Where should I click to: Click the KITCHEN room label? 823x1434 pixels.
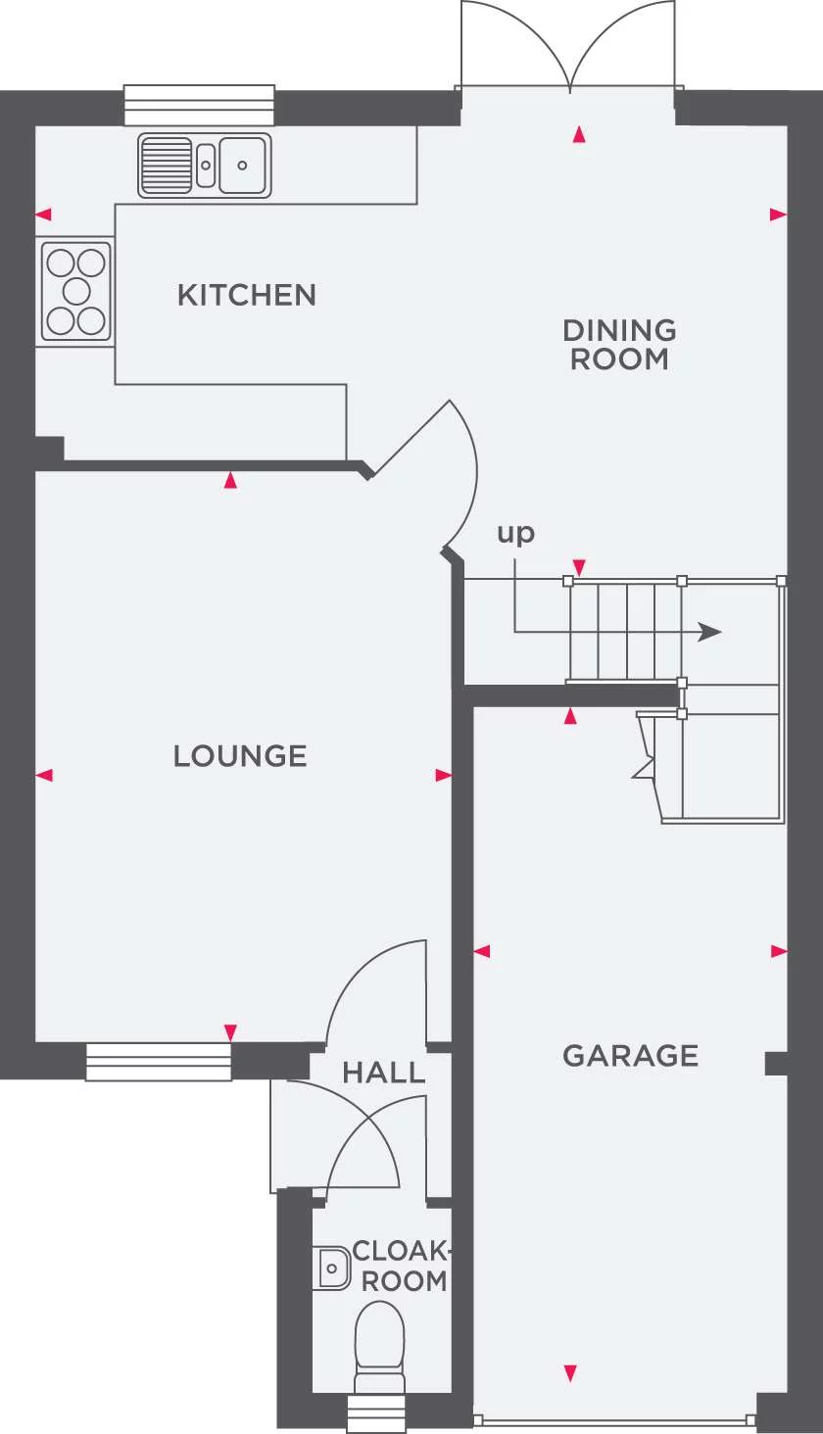pyautogui.click(x=247, y=295)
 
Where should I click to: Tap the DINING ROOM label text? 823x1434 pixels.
pyautogui.click(x=619, y=345)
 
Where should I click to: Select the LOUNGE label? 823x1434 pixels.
pyautogui.click(x=240, y=756)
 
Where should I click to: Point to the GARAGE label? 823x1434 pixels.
pyautogui.click(x=630, y=1056)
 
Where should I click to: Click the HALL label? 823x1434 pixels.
pyautogui.click(x=384, y=1073)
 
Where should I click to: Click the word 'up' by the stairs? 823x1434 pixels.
pyautogui.click(x=515, y=533)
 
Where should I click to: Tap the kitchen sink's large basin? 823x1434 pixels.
pyautogui.click(x=243, y=166)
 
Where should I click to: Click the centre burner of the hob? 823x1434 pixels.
pyautogui.click(x=76, y=292)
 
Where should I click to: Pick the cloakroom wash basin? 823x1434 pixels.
pyautogui.click(x=332, y=1268)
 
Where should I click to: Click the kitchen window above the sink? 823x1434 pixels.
pyautogui.click(x=199, y=105)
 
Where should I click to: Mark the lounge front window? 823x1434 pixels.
pyautogui.click(x=158, y=1062)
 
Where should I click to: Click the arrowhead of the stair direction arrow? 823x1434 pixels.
pyautogui.click(x=709, y=632)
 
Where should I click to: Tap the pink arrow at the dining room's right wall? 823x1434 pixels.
pyautogui.click(x=778, y=215)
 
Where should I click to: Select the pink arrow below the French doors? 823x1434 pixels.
pyautogui.click(x=579, y=134)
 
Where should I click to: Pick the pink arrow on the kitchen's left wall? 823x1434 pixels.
pyautogui.click(x=43, y=215)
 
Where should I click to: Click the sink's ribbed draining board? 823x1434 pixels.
pyautogui.click(x=166, y=166)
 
